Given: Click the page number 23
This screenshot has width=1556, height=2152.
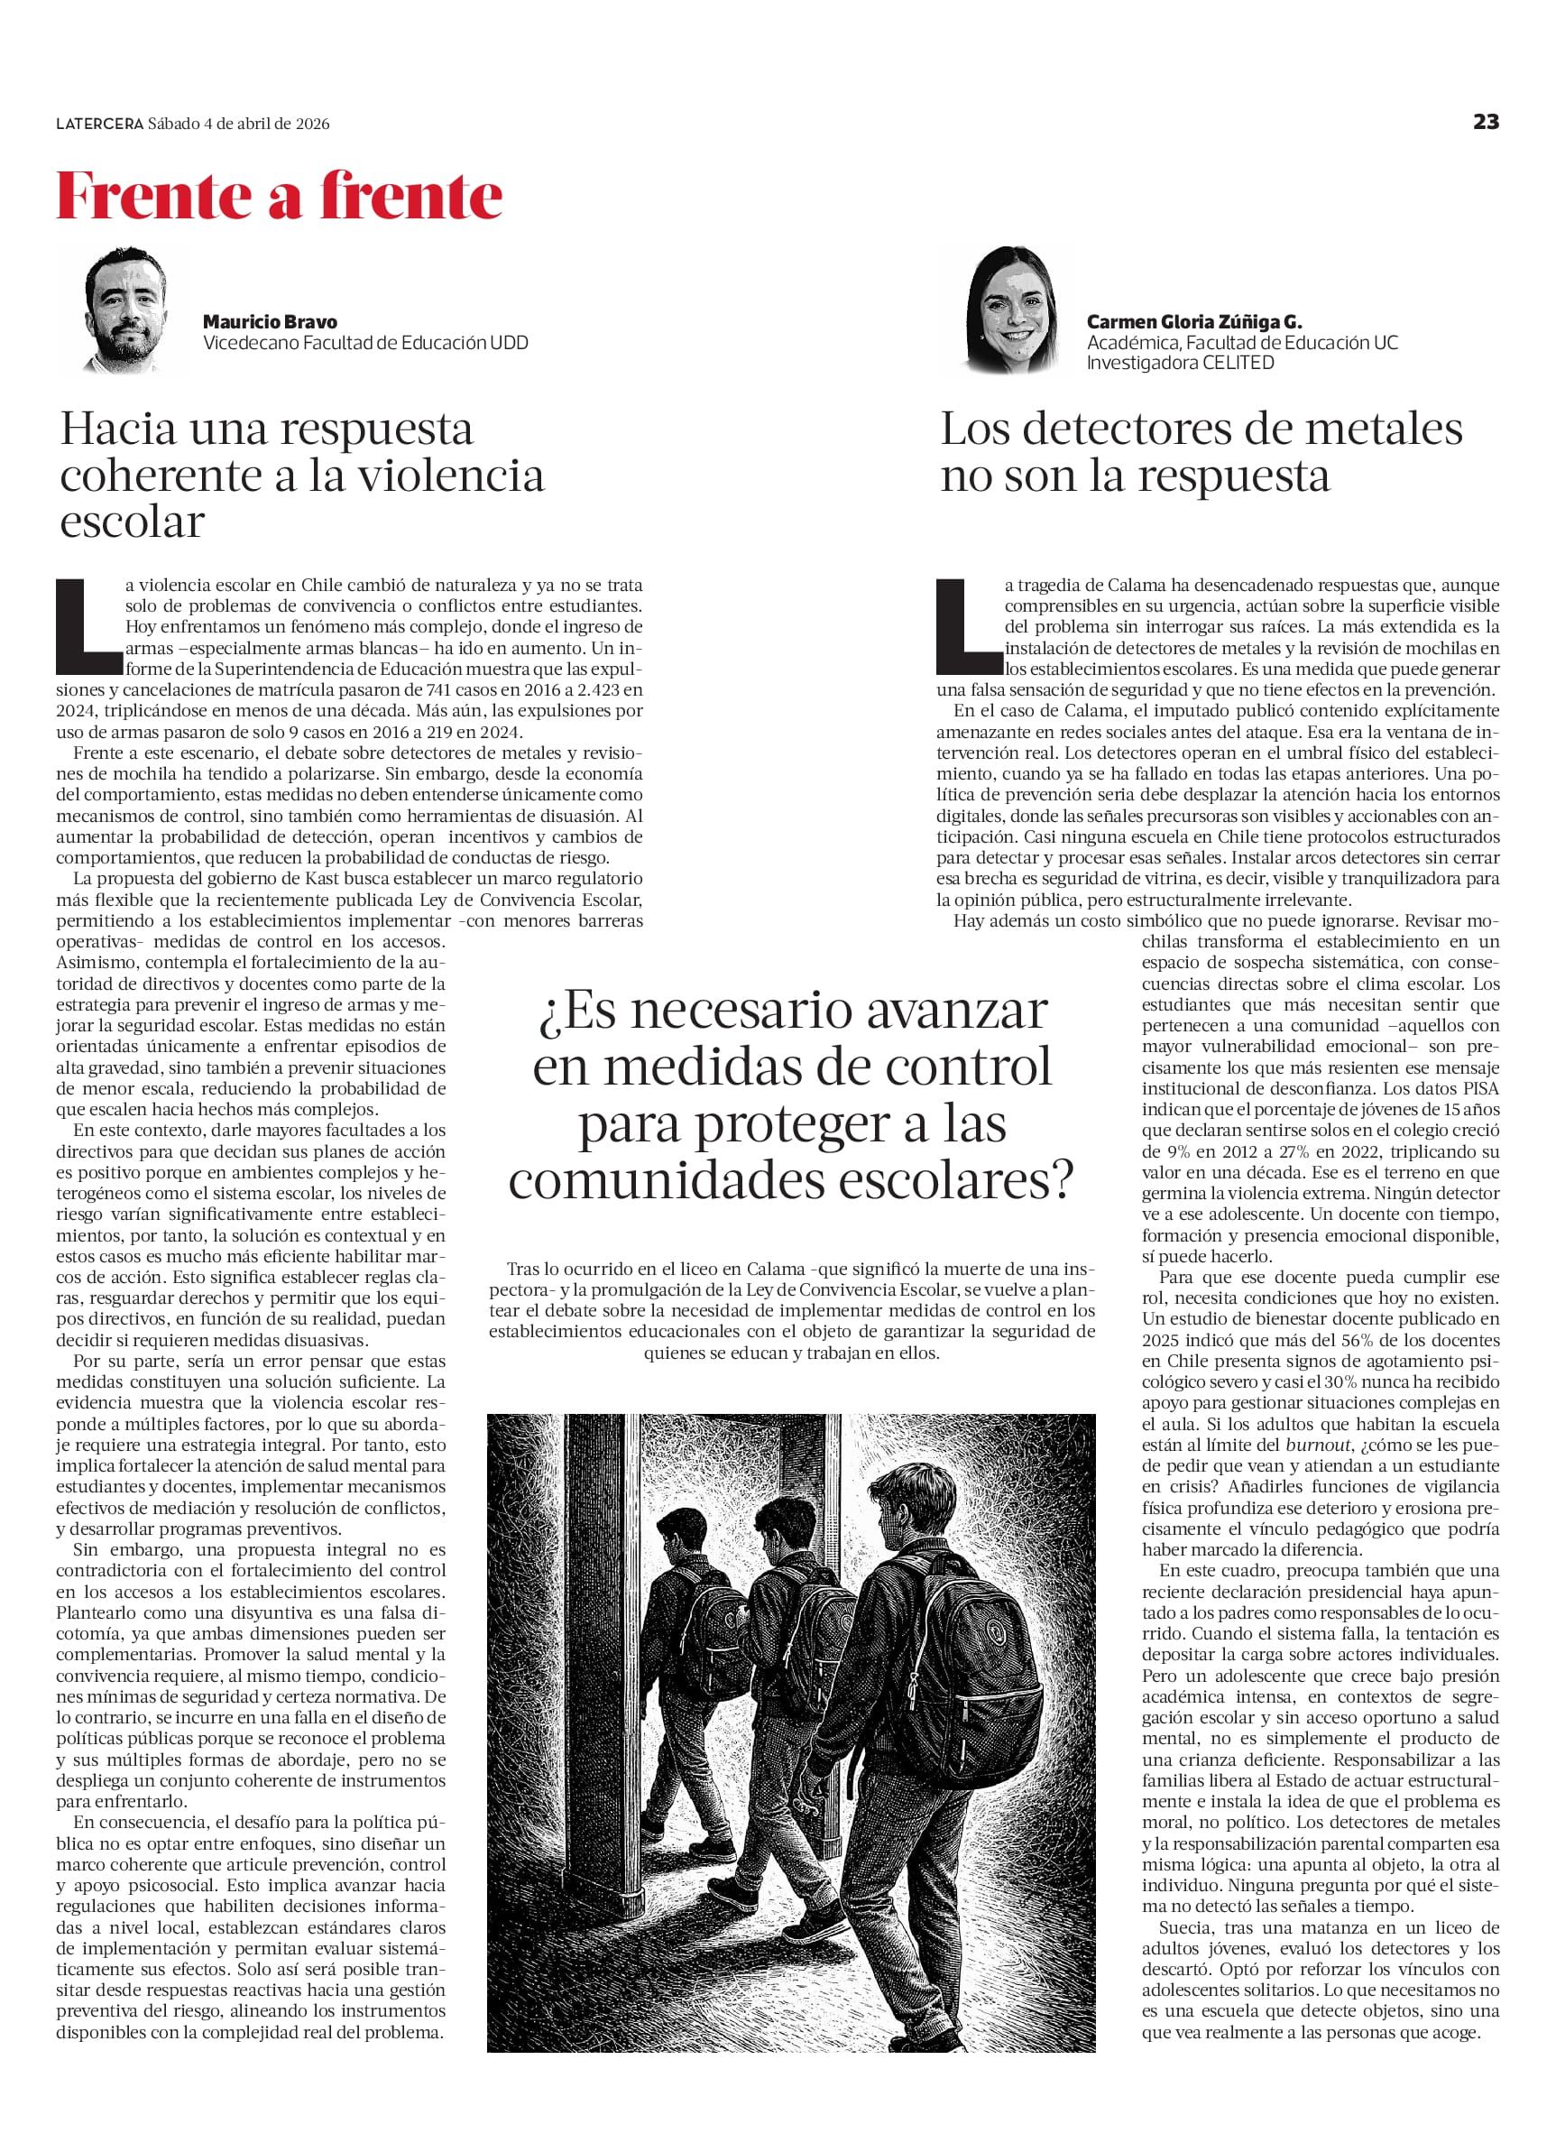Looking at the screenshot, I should pyautogui.click(x=1486, y=122).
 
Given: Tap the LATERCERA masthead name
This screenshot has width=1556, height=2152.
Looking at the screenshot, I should pyautogui.click(x=98, y=124).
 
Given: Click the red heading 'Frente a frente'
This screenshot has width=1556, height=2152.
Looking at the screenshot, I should pyautogui.click(x=279, y=197).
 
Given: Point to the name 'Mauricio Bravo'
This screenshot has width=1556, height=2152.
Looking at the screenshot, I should pyautogui.click(x=270, y=321).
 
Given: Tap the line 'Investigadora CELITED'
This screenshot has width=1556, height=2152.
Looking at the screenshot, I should pyautogui.click(x=1180, y=363).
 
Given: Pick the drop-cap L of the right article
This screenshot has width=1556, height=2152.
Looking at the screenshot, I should pyautogui.click(x=966, y=621).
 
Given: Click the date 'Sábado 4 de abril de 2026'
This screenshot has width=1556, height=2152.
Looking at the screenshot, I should pyautogui.click(x=239, y=124).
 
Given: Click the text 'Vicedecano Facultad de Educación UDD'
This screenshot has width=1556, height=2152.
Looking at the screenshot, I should pyautogui.click(x=365, y=343).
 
